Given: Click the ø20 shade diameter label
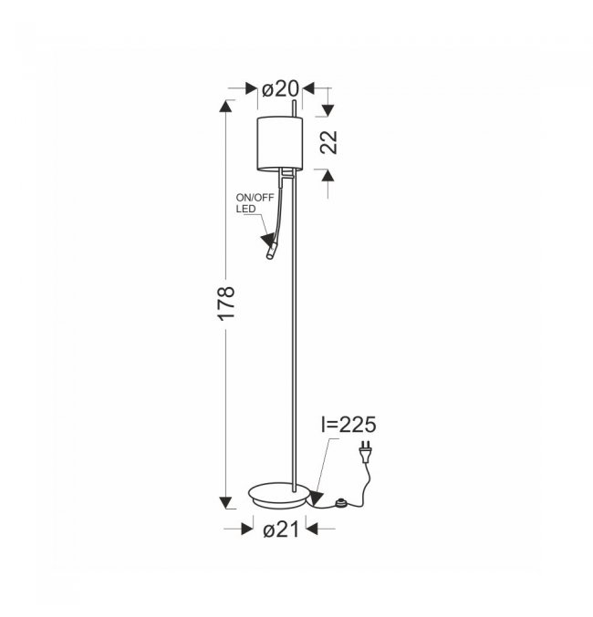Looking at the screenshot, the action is (281, 89).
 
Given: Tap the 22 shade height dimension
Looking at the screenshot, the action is (329, 142).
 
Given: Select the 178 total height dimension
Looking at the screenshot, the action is (227, 303).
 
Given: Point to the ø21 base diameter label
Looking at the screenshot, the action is (281, 530).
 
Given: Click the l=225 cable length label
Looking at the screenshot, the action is (349, 425).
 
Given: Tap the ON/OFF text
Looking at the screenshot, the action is (255, 198).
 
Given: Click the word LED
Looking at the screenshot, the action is (246, 209).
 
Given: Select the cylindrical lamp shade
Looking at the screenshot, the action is (280, 144).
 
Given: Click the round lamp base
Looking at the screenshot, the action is (279, 496).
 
